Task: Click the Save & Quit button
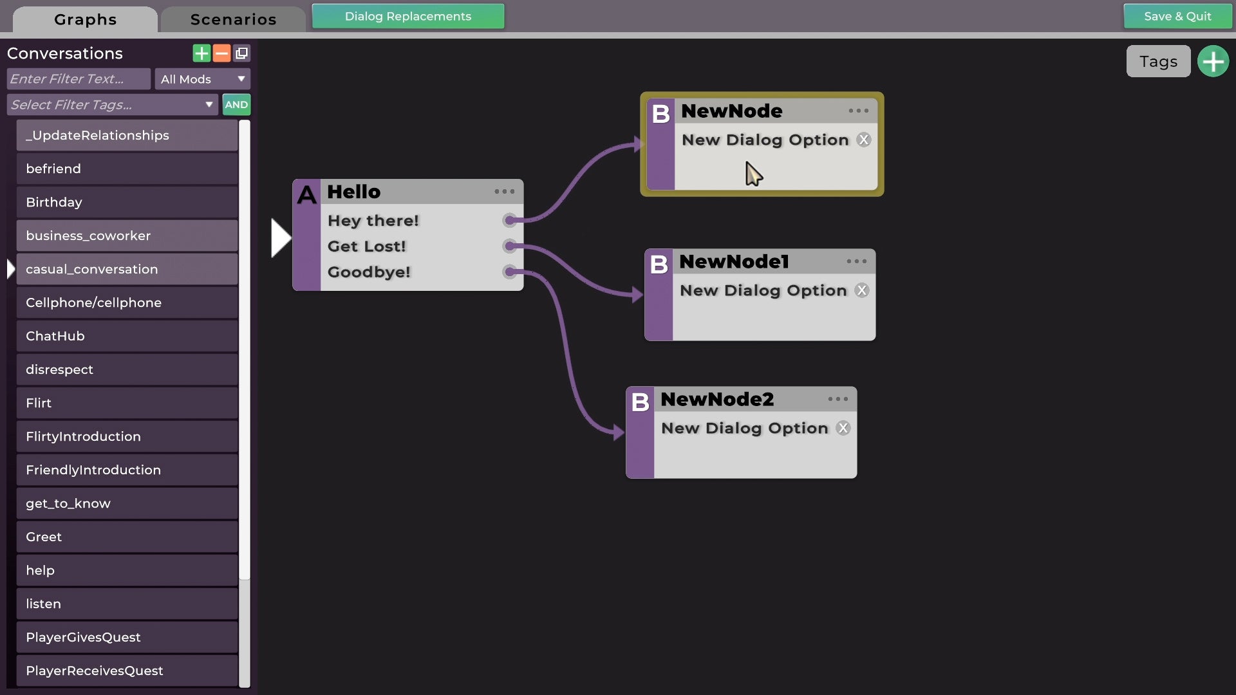point(1177,17)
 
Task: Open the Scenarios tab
point(233,19)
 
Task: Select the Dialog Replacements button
point(407,17)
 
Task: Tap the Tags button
point(1158,62)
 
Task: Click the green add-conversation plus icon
point(201,53)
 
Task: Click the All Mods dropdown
point(202,79)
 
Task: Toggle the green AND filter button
point(236,105)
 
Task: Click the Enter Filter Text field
point(79,79)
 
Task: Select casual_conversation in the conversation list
point(127,270)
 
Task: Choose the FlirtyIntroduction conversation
point(127,437)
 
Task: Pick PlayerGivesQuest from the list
point(127,638)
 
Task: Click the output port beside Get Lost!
point(510,246)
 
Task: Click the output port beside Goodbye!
point(510,272)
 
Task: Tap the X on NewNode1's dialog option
point(862,291)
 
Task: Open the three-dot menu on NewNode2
point(838,400)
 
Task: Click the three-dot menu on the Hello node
point(504,192)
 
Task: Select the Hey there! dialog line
point(373,221)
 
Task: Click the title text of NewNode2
point(717,400)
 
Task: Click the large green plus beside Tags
point(1213,62)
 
